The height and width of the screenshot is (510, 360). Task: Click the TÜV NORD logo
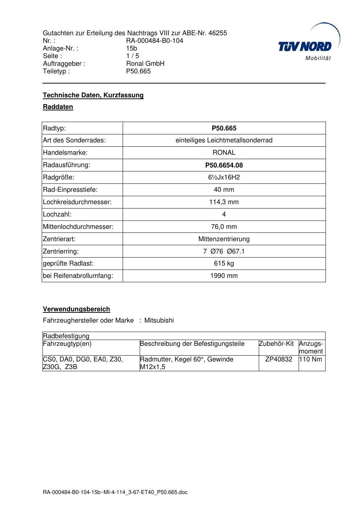[x=305, y=46]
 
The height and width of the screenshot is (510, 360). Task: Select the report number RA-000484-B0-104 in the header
[x=155, y=41]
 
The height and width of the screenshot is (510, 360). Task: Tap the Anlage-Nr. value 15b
[x=131, y=48]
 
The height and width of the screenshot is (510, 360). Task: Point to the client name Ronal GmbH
[x=145, y=64]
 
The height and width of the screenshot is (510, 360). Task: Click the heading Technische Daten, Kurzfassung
[x=93, y=95]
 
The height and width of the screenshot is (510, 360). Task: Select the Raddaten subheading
[x=58, y=107]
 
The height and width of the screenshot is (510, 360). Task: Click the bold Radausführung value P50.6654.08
[x=224, y=165]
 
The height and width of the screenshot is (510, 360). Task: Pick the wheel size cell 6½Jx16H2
[x=224, y=177]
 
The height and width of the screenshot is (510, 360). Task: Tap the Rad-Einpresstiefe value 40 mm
[x=224, y=190]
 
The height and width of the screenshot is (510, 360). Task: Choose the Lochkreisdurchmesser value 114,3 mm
[x=224, y=202]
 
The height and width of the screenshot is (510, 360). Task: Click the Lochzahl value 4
[x=224, y=214]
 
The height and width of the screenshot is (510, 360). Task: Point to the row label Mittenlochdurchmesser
[x=78, y=227]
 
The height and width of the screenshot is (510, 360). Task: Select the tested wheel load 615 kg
[x=224, y=263]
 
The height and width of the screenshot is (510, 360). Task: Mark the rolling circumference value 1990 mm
[x=224, y=276]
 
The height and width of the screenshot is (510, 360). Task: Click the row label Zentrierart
[x=59, y=239]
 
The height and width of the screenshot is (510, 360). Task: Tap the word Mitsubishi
[x=159, y=320]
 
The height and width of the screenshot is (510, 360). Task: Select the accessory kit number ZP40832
[x=279, y=359]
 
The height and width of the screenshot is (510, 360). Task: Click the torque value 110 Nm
[x=311, y=359]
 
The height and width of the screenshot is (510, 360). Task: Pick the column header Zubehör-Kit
[x=276, y=344]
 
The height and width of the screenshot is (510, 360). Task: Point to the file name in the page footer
[x=115, y=492]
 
